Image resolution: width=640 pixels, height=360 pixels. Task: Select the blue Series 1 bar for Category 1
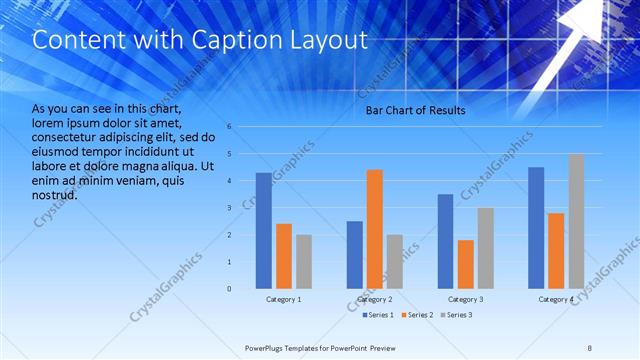pyautogui.click(x=263, y=230)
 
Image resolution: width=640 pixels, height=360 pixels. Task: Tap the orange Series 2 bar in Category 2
pyautogui.click(x=375, y=229)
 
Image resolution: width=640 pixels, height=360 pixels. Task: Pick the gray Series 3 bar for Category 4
pyautogui.click(x=576, y=221)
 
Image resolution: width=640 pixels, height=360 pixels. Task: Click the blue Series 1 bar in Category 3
pyautogui.click(x=445, y=241)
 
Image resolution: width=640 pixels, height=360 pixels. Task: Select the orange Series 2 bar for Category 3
pyautogui.click(x=465, y=264)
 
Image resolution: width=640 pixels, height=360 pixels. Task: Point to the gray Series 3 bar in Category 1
pyautogui.click(x=303, y=261)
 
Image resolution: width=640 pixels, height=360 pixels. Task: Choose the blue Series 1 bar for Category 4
pyautogui.click(x=536, y=227)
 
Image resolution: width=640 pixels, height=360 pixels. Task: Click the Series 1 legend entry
pyautogui.click(x=378, y=315)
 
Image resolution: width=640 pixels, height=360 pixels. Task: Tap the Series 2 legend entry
pyautogui.click(x=418, y=315)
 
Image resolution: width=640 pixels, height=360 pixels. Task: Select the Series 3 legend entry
pyautogui.click(x=456, y=315)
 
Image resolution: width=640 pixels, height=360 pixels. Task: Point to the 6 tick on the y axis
pyautogui.click(x=230, y=127)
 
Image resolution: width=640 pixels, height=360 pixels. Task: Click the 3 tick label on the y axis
pyautogui.click(x=230, y=208)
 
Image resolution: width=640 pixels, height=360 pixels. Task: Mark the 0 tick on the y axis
pyautogui.click(x=230, y=289)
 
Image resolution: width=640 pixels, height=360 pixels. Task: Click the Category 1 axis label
pyautogui.click(x=284, y=300)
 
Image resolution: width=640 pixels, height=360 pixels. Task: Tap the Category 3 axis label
pyautogui.click(x=465, y=300)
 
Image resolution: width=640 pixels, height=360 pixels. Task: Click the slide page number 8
pyautogui.click(x=590, y=348)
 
